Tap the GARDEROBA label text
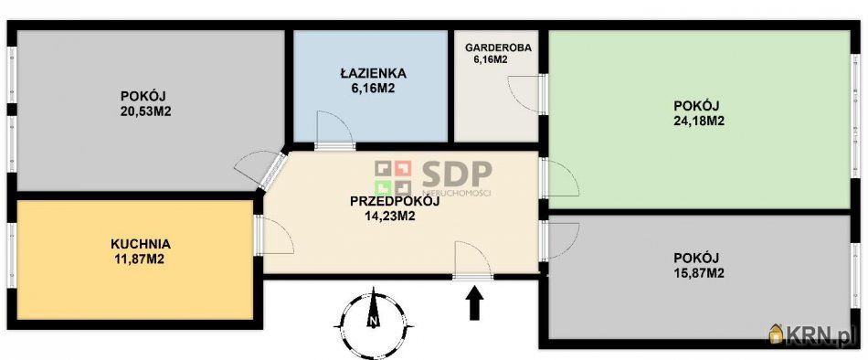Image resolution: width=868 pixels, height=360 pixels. pyautogui.click(x=498, y=48)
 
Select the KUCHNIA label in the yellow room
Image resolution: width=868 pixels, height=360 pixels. pyautogui.click(x=141, y=244)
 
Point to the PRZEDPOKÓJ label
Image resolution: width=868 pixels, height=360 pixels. pyautogui.click(x=396, y=202)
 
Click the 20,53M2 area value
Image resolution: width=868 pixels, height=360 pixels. pyautogui.click(x=145, y=111)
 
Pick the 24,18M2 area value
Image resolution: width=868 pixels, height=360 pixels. pyautogui.click(x=699, y=121)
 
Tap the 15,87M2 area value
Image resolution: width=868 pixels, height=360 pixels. pyautogui.click(x=699, y=273)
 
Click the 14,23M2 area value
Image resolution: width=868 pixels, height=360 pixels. pyautogui.click(x=390, y=217)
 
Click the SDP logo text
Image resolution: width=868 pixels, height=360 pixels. pyautogui.click(x=457, y=174)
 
